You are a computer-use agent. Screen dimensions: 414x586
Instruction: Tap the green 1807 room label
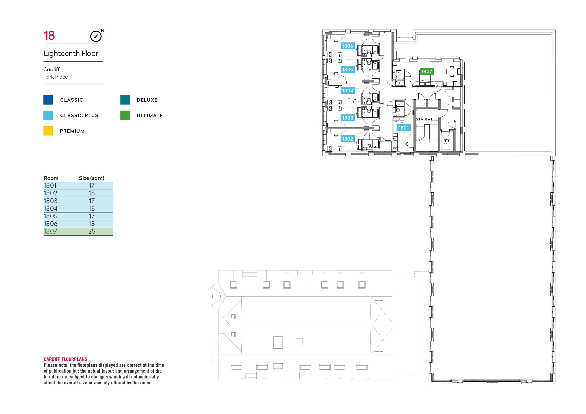(x=426, y=71)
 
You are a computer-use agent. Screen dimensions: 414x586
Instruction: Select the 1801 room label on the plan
(x=404, y=128)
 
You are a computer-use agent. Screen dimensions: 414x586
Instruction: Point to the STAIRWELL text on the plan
(x=426, y=119)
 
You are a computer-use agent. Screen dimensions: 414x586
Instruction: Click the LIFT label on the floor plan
(x=445, y=141)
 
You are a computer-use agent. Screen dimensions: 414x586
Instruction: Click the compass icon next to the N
(x=96, y=36)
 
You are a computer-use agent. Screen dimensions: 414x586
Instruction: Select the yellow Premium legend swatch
(x=48, y=131)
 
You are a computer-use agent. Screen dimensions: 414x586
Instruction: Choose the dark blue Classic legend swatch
(x=48, y=100)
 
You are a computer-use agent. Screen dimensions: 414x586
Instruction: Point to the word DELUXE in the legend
(x=147, y=100)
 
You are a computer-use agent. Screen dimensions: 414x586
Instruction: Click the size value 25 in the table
(x=92, y=231)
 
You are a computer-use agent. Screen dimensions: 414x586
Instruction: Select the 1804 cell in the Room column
(x=51, y=209)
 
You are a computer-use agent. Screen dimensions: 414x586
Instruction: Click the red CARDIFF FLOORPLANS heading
(x=65, y=359)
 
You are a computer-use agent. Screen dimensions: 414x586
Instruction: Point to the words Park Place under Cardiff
(x=56, y=77)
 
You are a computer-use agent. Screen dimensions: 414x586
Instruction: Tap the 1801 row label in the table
(x=50, y=186)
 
